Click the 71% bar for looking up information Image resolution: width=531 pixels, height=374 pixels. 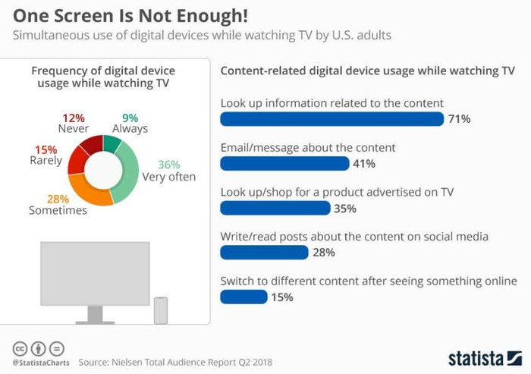[331, 119]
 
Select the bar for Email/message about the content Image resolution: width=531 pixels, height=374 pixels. [284, 163]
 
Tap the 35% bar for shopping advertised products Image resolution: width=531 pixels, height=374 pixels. [275, 208]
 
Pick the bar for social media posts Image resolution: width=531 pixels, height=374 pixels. [264, 252]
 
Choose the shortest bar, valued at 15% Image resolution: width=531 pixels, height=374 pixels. [244, 297]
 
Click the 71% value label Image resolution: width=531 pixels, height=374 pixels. [459, 119]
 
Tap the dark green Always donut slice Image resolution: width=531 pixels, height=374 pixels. [112, 143]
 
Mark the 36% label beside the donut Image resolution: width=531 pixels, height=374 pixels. [168, 165]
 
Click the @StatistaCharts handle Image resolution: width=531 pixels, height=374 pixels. [39, 362]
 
